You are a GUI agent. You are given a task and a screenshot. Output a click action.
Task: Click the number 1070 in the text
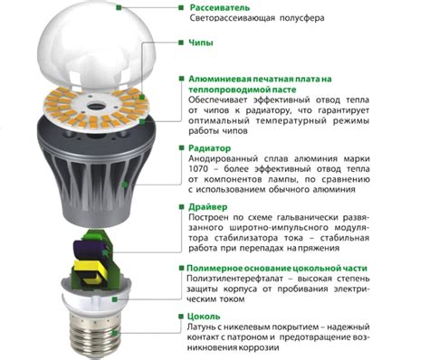pos(201,175)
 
